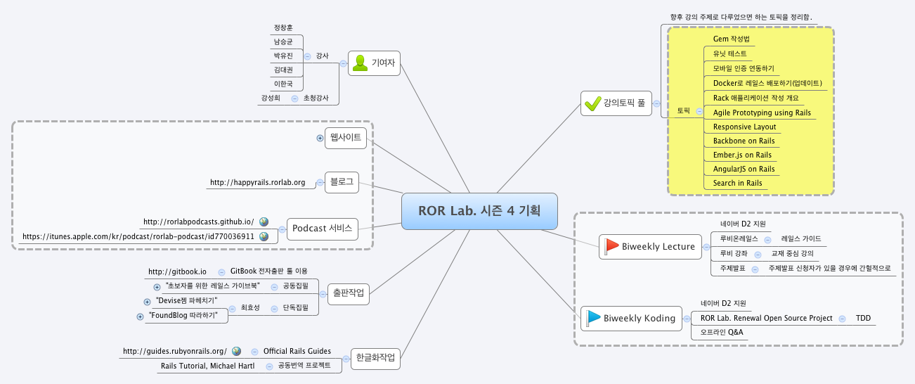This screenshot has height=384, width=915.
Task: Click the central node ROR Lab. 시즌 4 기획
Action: pyautogui.click(x=479, y=211)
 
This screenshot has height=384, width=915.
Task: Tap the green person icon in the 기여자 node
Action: pyautogui.click(x=361, y=63)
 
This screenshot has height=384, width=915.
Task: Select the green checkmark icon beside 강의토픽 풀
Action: pyautogui.click(x=592, y=104)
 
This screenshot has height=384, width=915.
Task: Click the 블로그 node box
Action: pyautogui.click(x=341, y=182)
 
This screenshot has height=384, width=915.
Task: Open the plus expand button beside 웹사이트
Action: pyautogui.click(x=320, y=138)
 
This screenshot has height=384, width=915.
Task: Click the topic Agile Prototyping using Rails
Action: pyautogui.click(x=761, y=113)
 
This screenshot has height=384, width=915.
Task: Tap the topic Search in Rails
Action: pyautogui.click(x=737, y=183)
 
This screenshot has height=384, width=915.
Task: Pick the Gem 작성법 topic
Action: pyautogui.click(x=731, y=39)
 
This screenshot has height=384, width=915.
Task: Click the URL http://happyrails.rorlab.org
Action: pyautogui.click(x=257, y=183)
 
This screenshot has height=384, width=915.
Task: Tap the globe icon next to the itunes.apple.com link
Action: pyautogui.click(x=264, y=236)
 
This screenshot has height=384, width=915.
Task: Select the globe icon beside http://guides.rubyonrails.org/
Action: pyautogui.click(x=236, y=351)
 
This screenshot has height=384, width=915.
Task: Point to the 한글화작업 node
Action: pyautogui.click(x=375, y=358)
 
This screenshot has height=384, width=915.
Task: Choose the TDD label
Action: pyautogui.click(x=863, y=319)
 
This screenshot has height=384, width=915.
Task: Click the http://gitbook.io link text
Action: pyautogui.click(x=177, y=271)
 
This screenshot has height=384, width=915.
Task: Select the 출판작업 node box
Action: pyautogui.click(x=348, y=294)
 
